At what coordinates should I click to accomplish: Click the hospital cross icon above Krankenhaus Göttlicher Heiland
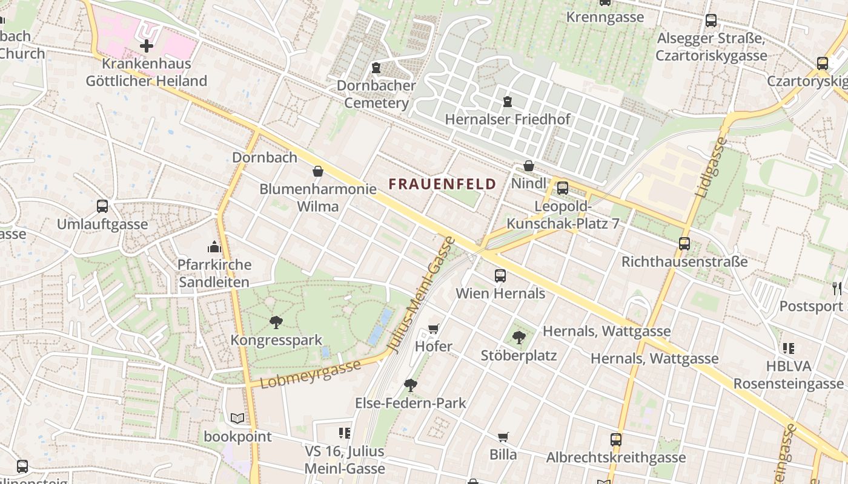click(x=146, y=45)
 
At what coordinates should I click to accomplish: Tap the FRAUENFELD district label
click(x=442, y=184)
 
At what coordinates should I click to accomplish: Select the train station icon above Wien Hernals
click(x=500, y=276)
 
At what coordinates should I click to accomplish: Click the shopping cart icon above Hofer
click(x=433, y=329)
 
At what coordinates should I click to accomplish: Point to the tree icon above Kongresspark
click(x=276, y=322)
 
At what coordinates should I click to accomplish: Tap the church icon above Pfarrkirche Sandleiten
click(x=214, y=247)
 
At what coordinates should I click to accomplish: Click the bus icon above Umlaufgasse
click(x=102, y=206)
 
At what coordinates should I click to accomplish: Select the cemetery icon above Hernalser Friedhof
click(x=508, y=102)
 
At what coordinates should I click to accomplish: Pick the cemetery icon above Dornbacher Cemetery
click(x=376, y=67)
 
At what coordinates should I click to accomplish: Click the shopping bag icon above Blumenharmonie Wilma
click(x=318, y=171)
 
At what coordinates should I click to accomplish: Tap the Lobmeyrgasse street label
click(x=311, y=374)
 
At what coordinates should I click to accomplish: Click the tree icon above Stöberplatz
click(x=518, y=338)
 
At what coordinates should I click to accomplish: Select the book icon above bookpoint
click(x=237, y=418)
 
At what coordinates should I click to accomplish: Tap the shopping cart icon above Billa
click(x=503, y=437)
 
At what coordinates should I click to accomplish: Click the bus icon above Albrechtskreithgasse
click(x=616, y=440)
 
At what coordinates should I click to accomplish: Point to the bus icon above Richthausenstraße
click(x=684, y=244)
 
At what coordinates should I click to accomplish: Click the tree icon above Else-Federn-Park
click(x=411, y=385)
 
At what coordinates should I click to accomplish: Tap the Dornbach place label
click(x=265, y=157)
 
